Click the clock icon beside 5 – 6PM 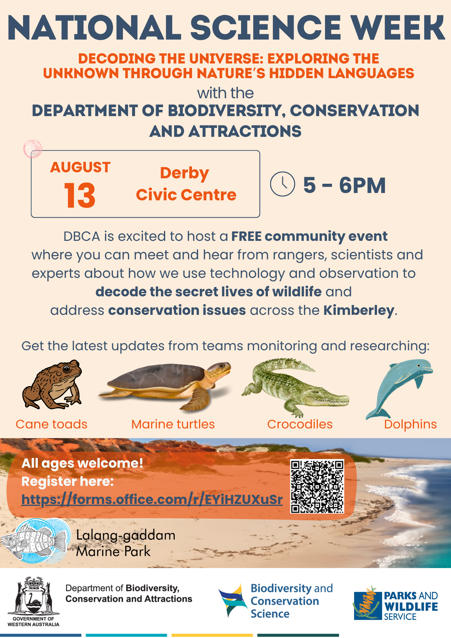282,184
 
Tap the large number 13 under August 80,195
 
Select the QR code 317,486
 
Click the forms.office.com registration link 152,500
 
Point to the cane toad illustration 52,384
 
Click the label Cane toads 51,425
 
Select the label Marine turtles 173,425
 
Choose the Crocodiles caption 300,425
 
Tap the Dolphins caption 410,425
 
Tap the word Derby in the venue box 185,174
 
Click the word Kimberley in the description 359,310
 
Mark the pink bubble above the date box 33,149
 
